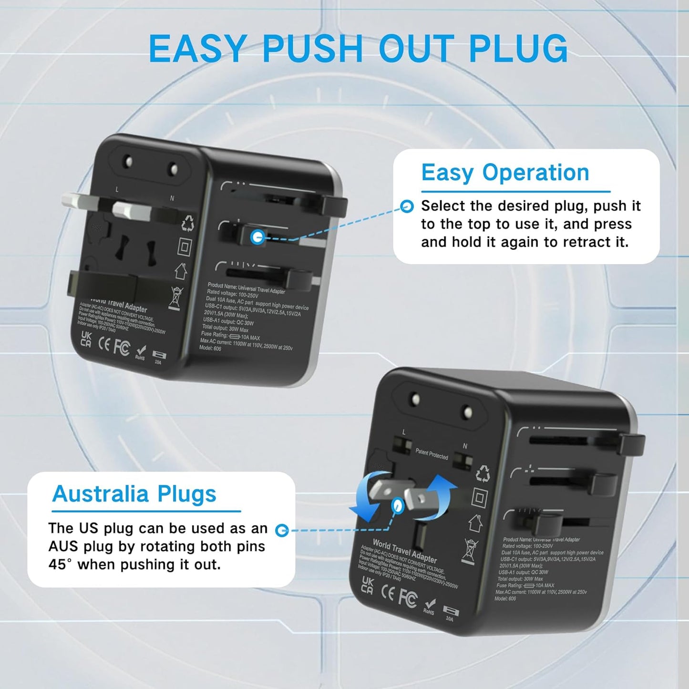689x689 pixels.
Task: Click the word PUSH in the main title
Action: [312, 49]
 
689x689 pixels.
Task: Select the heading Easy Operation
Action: [505, 173]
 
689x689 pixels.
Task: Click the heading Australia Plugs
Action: [134, 494]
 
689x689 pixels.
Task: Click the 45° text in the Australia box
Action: [60, 565]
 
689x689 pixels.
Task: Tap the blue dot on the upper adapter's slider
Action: [257, 237]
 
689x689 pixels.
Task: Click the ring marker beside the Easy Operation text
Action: [407, 206]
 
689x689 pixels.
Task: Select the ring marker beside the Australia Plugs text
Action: [282, 530]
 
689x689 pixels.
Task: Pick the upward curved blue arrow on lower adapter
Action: [440, 496]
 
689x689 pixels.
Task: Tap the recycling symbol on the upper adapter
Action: [187, 223]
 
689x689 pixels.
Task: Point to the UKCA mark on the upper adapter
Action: [86, 339]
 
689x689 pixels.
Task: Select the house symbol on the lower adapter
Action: [475, 523]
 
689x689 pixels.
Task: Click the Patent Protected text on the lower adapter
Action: [432, 454]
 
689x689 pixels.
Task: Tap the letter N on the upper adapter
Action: [172, 198]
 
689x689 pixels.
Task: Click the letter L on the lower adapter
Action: [404, 432]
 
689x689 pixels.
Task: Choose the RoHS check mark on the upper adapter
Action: [140, 351]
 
